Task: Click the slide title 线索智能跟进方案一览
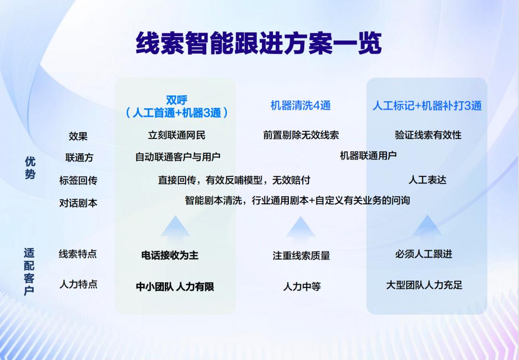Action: [259, 43]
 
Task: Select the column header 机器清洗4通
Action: [300, 106]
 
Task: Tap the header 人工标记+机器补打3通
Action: [427, 106]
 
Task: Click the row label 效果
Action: [78, 136]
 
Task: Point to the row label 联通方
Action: [79, 157]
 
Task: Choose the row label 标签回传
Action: [78, 180]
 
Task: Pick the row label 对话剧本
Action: [78, 203]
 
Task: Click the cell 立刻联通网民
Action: [177, 135]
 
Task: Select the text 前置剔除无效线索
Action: [301, 135]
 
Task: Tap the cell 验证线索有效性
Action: [428, 135]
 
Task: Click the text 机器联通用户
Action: [368, 155]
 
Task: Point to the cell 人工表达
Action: [427, 180]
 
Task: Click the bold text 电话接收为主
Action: [170, 255]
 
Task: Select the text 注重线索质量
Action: [301, 255]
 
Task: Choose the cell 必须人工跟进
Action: [423, 254]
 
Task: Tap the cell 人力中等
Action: [302, 286]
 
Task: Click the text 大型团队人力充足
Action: [424, 285]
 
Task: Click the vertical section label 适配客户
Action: [29, 272]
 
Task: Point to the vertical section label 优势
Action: [30, 168]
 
